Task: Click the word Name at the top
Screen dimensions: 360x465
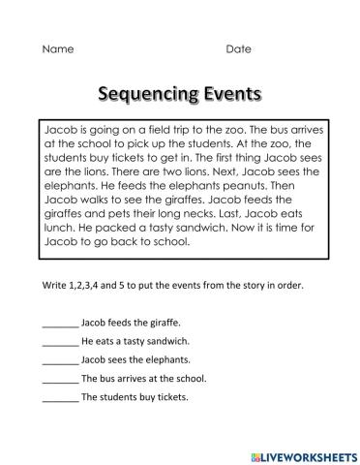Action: click(56, 48)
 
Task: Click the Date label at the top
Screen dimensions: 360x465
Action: click(238, 48)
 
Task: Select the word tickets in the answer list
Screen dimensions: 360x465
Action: click(170, 396)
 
